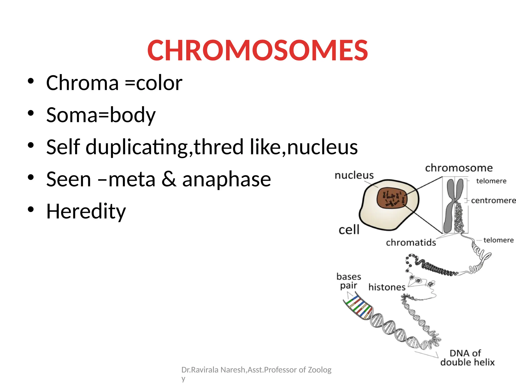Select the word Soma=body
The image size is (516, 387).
click(x=101, y=115)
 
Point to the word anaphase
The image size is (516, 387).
click(x=227, y=179)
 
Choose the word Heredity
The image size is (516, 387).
click(x=86, y=211)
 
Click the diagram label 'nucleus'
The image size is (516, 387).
click(x=354, y=175)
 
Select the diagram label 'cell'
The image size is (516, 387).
click(x=349, y=230)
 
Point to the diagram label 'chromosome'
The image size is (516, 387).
click(x=459, y=168)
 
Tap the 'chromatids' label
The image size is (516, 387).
click(x=411, y=242)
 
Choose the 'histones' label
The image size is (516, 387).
click(x=387, y=287)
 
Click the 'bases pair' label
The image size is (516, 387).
click(x=349, y=281)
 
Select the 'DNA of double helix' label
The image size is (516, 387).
click(x=467, y=358)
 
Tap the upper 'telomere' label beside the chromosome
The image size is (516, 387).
click(x=491, y=181)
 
